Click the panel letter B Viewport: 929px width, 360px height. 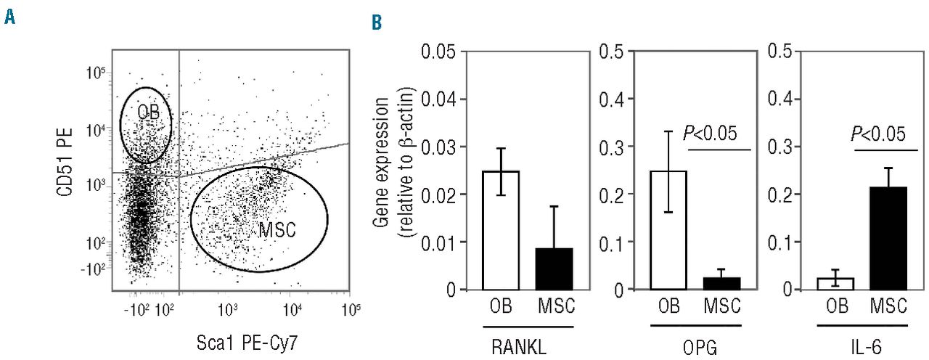point(377,25)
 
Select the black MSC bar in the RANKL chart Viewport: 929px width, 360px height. point(554,269)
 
